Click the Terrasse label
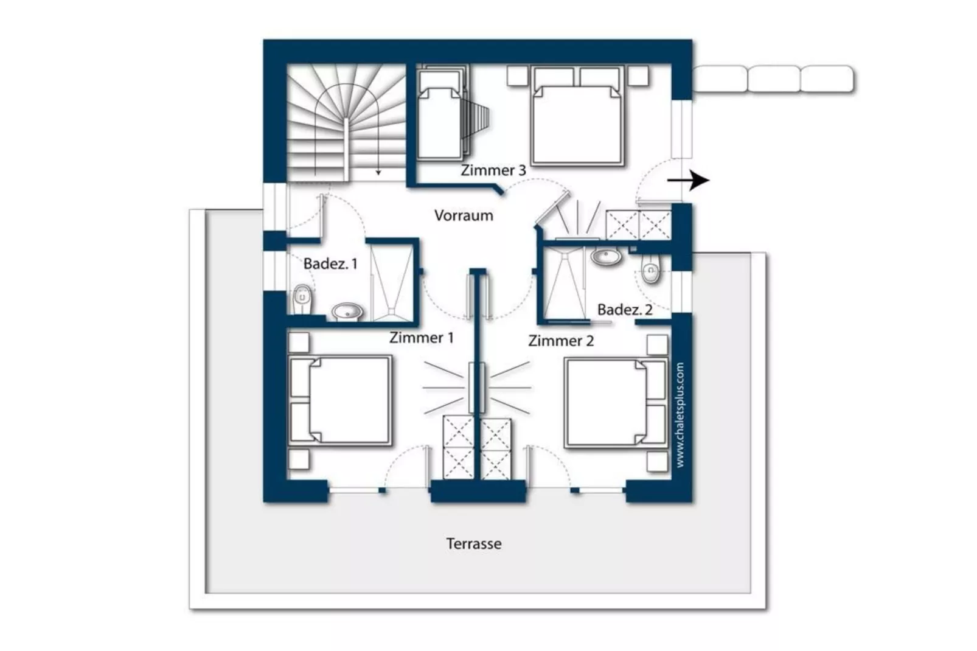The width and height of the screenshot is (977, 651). tap(474, 544)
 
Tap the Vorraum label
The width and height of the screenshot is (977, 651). tap(464, 215)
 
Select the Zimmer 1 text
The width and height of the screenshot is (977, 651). tap(422, 338)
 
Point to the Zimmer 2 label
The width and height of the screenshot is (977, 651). tap(561, 341)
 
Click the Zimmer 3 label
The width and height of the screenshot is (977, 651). tap(493, 170)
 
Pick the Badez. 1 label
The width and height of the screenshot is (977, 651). tap(330, 263)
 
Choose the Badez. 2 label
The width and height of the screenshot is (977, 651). tap(625, 310)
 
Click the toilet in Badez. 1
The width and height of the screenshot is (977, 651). tap(302, 299)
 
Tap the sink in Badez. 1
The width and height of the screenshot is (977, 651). tap(347, 312)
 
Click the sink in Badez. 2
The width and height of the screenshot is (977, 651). tap(607, 257)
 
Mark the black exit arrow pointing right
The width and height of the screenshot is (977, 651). tap(688, 180)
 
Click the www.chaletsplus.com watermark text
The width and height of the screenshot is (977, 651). tap(680, 415)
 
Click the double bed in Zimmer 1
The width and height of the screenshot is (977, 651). tap(340, 400)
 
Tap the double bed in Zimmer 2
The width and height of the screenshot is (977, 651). tap(616, 403)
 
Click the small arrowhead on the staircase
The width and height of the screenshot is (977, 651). tap(378, 173)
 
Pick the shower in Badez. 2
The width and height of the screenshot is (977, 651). tap(565, 285)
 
